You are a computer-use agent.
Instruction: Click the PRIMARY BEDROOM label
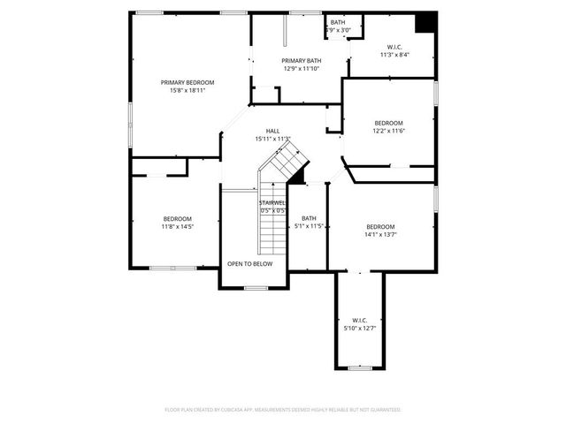pyautogui.click(x=187, y=82)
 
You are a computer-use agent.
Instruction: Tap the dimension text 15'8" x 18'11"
pyautogui.click(x=187, y=90)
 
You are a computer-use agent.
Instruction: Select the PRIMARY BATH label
pyautogui.click(x=302, y=61)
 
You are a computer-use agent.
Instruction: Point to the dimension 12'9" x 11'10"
pyautogui.click(x=302, y=68)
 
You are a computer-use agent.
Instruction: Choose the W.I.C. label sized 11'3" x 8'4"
pyautogui.click(x=394, y=47)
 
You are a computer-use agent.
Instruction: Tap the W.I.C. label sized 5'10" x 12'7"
pyautogui.click(x=359, y=321)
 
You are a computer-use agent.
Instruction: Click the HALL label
pyautogui.click(x=273, y=131)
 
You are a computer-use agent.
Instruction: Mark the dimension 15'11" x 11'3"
pyautogui.click(x=273, y=139)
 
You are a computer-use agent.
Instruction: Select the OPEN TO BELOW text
pyautogui.click(x=250, y=264)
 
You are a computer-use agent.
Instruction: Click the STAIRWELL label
pyautogui.click(x=272, y=203)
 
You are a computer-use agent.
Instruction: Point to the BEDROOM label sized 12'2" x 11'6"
pyautogui.click(x=388, y=123)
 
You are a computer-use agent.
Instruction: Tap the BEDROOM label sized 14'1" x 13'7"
pyautogui.click(x=380, y=227)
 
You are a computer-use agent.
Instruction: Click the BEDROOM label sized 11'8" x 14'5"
pyautogui.click(x=177, y=219)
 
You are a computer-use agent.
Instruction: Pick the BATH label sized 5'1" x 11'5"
pyautogui.click(x=309, y=219)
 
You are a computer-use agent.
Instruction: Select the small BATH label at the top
pyautogui.click(x=338, y=22)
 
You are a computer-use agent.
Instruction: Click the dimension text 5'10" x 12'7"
pyautogui.click(x=359, y=329)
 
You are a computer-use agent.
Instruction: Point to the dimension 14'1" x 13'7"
pyautogui.click(x=380, y=235)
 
